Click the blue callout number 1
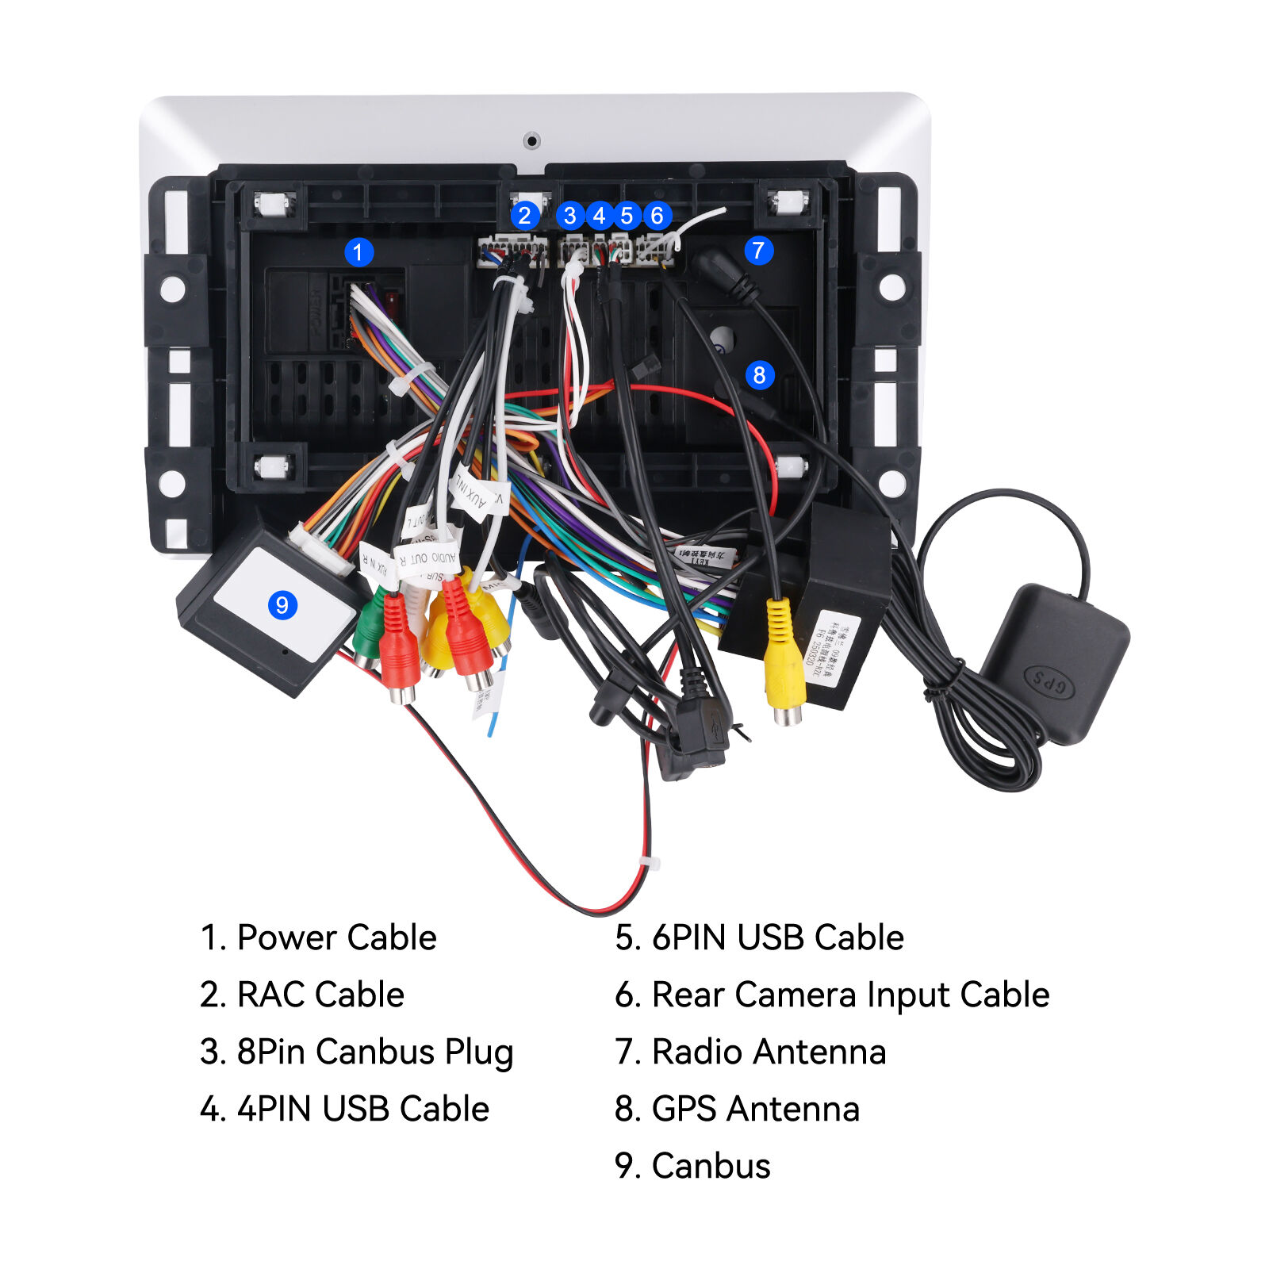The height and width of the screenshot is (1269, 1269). click(x=358, y=253)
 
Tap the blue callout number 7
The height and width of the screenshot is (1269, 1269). click(x=758, y=251)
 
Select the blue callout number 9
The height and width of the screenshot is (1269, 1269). click(x=282, y=605)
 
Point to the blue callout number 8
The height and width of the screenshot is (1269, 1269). click(x=759, y=374)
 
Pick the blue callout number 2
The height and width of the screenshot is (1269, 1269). click(x=524, y=215)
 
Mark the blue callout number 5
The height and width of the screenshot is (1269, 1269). click(x=627, y=216)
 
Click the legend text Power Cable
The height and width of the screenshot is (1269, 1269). click(x=319, y=937)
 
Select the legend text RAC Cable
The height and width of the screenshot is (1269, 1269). click(x=303, y=995)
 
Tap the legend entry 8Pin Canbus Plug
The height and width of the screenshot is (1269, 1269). click(x=357, y=1052)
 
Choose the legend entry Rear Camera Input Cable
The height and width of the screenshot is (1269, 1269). click(x=832, y=995)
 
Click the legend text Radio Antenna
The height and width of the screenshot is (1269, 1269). click(x=750, y=1052)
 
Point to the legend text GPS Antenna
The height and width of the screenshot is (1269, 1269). click(x=738, y=1109)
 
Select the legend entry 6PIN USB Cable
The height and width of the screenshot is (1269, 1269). click(x=759, y=937)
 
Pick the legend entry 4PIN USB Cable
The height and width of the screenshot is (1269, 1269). click(x=345, y=1109)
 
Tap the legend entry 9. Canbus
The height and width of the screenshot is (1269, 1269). click(x=692, y=1166)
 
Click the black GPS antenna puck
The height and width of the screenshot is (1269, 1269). click(x=1055, y=662)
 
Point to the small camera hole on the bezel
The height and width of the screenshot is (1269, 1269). click(x=531, y=141)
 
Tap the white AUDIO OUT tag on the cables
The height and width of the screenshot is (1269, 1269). click(x=428, y=558)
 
